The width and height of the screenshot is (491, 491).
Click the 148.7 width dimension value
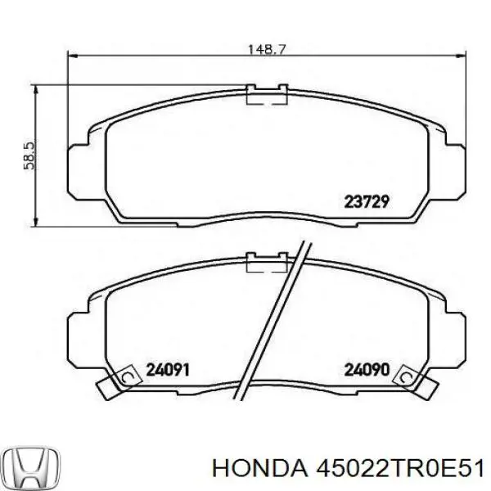pos(266,49)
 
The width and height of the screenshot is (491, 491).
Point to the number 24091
pos(168,370)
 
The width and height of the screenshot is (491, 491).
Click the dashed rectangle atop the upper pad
pos(266,97)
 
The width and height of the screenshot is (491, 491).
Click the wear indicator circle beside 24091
pos(127,376)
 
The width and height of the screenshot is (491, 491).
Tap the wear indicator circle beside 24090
pos(404,376)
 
